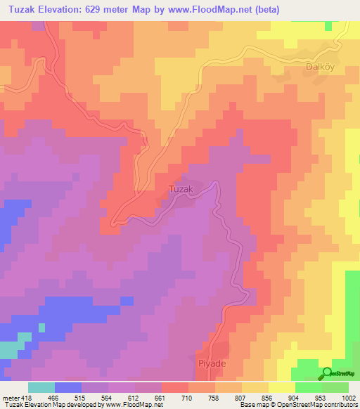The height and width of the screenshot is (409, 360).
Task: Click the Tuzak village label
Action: (x=180, y=188)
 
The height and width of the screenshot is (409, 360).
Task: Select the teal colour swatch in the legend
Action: (x=41, y=388)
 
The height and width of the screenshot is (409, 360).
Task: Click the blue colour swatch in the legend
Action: (x=68, y=388)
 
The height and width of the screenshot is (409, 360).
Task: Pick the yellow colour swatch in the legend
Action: (x=281, y=388)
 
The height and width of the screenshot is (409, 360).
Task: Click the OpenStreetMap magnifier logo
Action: (x=326, y=373)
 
